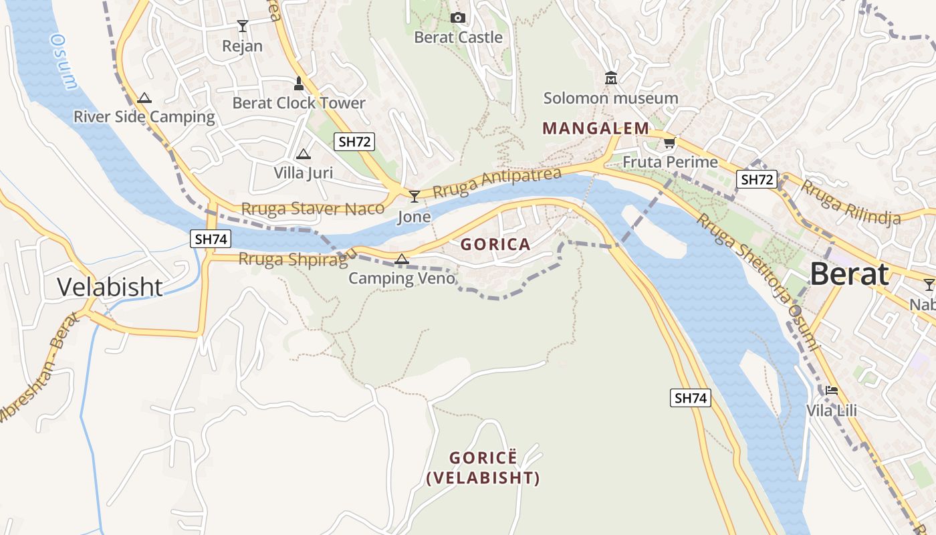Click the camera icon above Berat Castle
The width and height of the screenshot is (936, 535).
457,17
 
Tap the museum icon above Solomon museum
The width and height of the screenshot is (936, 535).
610,78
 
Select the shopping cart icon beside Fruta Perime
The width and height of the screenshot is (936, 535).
669,142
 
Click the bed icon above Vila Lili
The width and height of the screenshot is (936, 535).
832,390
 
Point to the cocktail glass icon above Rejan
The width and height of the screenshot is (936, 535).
242,26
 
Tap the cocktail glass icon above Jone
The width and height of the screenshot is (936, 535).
415,196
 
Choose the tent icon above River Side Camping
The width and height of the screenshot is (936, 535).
144,98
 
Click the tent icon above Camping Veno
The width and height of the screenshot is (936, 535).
401,259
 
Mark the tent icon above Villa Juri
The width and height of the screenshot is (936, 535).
303,154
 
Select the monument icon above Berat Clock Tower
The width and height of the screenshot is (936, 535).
299,84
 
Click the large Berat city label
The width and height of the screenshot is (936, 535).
850,274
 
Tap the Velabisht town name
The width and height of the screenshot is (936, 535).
110,287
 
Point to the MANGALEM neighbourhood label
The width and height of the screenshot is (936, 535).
595,128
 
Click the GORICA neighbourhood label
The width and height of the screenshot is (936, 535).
495,245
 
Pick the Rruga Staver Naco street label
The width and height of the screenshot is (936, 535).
312,209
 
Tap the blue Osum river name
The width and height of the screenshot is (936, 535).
64,62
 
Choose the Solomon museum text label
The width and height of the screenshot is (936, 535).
610,98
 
